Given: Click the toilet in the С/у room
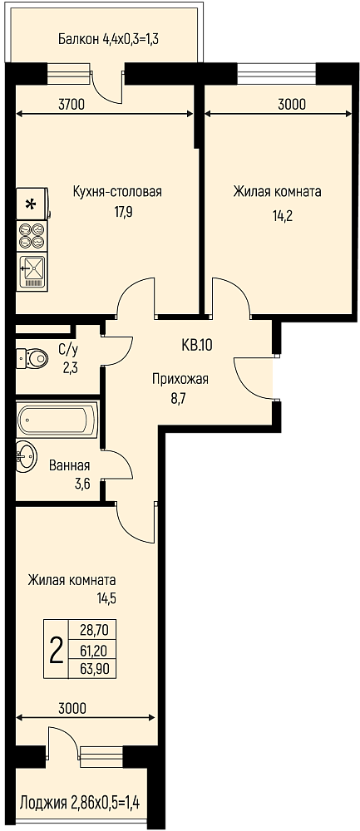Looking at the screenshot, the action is click(x=32, y=359).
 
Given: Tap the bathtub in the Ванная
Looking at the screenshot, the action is click(x=57, y=420).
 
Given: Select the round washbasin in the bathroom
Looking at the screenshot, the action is click(x=26, y=455).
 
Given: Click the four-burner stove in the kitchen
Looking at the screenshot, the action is click(x=32, y=236).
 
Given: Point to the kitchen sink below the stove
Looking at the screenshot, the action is click(x=33, y=272).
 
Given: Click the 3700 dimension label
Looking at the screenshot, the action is click(x=71, y=105).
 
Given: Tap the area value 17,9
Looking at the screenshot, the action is click(x=117, y=212).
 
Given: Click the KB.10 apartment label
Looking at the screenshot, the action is click(x=197, y=346).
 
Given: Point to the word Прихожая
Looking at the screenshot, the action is click(x=180, y=379).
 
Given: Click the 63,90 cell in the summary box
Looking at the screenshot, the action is click(x=92, y=669).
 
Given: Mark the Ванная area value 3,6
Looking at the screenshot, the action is click(x=70, y=484).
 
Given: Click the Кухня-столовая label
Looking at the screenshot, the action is click(x=117, y=192).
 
